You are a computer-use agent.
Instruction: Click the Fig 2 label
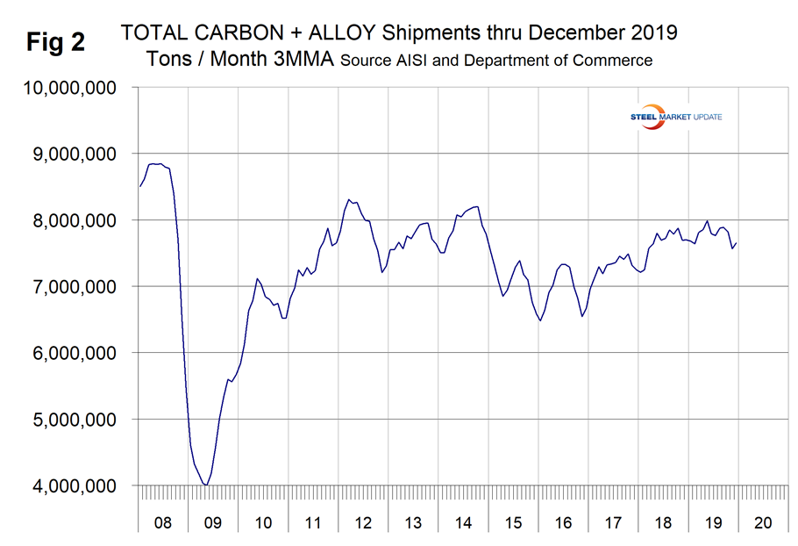tap(54, 42)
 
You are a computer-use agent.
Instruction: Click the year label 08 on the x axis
tap(163, 523)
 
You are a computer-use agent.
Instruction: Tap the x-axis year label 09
tap(213, 523)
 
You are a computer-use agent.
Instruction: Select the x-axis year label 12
tap(363, 523)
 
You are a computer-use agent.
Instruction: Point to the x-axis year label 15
tap(513, 523)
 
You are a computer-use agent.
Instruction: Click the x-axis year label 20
tap(762, 523)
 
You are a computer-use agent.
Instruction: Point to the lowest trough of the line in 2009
tap(206, 485)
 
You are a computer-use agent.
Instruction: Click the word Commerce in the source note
tap(616, 61)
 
